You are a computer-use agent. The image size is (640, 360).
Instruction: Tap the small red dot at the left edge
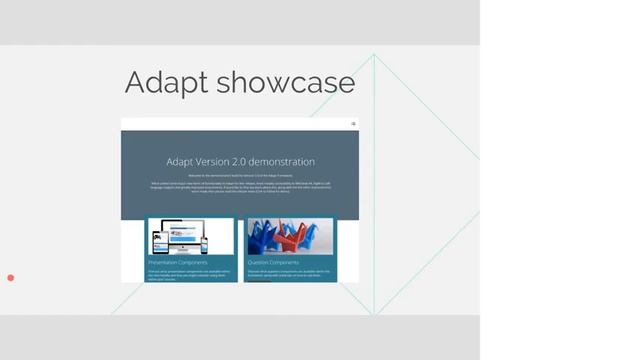click(11, 277)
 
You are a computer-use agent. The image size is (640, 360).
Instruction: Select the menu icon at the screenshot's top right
click(353, 124)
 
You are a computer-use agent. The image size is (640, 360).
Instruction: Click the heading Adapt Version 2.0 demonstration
click(240, 161)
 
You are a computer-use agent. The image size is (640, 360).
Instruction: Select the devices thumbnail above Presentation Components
click(190, 237)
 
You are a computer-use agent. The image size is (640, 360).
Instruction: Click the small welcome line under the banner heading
click(240, 175)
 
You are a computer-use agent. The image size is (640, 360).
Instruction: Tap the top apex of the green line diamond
click(374, 54)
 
